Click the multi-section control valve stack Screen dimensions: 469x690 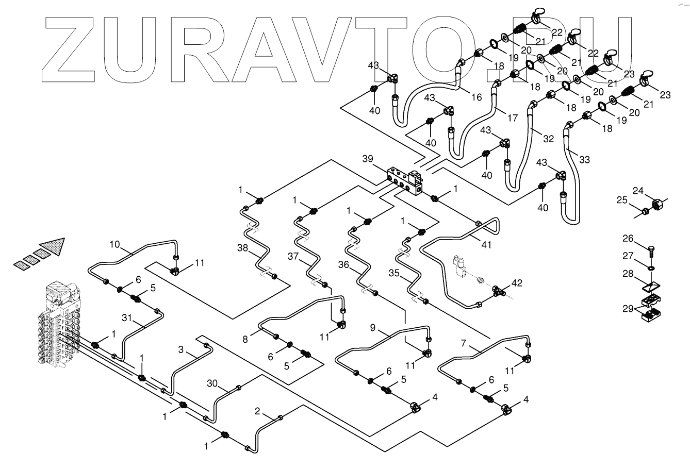tap(59, 325)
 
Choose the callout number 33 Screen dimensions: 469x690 tap(584, 159)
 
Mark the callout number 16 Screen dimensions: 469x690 tap(477, 97)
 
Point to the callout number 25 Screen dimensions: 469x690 tap(621, 199)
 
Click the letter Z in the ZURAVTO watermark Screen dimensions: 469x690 tap(70, 49)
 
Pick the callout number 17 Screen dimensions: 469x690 tap(512, 118)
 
